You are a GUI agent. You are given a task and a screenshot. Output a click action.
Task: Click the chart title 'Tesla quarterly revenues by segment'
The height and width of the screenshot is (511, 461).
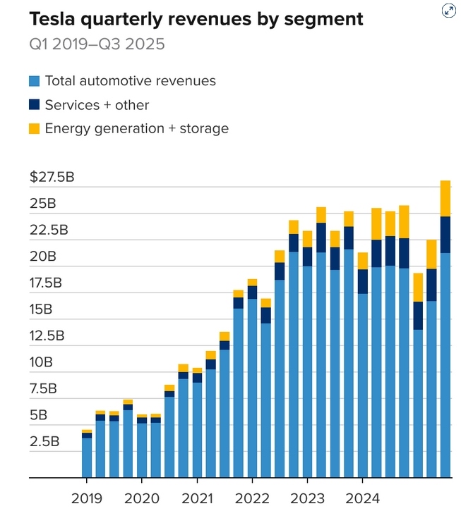pos(196,19)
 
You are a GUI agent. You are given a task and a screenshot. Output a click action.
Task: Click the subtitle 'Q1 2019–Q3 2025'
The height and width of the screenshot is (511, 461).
pos(97,44)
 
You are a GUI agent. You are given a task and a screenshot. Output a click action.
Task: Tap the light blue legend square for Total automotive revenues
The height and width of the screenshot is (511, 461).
pos(34,81)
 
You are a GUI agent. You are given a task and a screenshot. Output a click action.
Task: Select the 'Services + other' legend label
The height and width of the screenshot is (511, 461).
pos(97,105)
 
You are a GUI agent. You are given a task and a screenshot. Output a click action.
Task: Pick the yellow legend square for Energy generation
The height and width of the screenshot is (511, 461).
pos(34,128)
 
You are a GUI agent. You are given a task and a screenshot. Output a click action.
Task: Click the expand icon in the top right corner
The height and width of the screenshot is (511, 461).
pos(449,10)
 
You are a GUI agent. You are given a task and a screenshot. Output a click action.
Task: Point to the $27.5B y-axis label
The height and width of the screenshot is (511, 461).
pos(52,177)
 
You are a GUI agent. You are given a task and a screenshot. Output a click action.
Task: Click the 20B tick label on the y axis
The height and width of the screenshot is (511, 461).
pos(42,257)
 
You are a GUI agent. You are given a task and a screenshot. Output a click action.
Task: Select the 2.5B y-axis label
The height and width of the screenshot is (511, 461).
pos(45,442)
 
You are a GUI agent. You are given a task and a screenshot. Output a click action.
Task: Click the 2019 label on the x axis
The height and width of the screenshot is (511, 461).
pos(86,498)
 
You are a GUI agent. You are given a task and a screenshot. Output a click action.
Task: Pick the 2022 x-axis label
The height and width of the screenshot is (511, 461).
pos(252,498)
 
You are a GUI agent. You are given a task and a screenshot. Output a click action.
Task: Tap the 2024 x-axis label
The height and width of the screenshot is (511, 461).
pos(362,498)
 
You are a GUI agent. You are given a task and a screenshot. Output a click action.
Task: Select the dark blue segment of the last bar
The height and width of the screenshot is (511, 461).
pos(445,234)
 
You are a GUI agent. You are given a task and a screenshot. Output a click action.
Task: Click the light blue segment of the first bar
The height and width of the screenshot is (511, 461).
pos(87,457)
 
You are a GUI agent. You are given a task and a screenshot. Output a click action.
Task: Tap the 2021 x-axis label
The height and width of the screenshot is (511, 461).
pos(197,498)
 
